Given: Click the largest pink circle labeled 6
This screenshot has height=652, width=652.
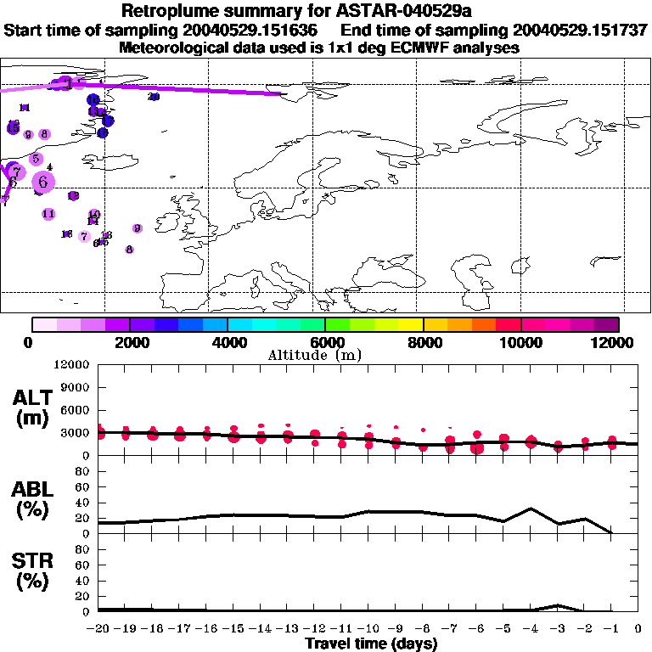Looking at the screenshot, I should (43, 181).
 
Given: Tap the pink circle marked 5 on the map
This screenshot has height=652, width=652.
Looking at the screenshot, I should (36, 159).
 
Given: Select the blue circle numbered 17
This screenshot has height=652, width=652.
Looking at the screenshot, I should (108, 121).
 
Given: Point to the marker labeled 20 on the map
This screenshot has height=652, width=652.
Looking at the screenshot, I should (154, 97).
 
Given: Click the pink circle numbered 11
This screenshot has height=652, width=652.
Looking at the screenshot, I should (48, 213).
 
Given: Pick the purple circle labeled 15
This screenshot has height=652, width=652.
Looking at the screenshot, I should (14, 127).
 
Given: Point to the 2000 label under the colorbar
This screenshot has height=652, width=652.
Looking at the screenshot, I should (129, 342).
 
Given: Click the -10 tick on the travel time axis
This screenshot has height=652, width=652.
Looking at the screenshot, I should (368, 629).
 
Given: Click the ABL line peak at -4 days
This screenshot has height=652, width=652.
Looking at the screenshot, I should (531, 509).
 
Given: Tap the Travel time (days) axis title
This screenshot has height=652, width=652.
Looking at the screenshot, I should (371, 644).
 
